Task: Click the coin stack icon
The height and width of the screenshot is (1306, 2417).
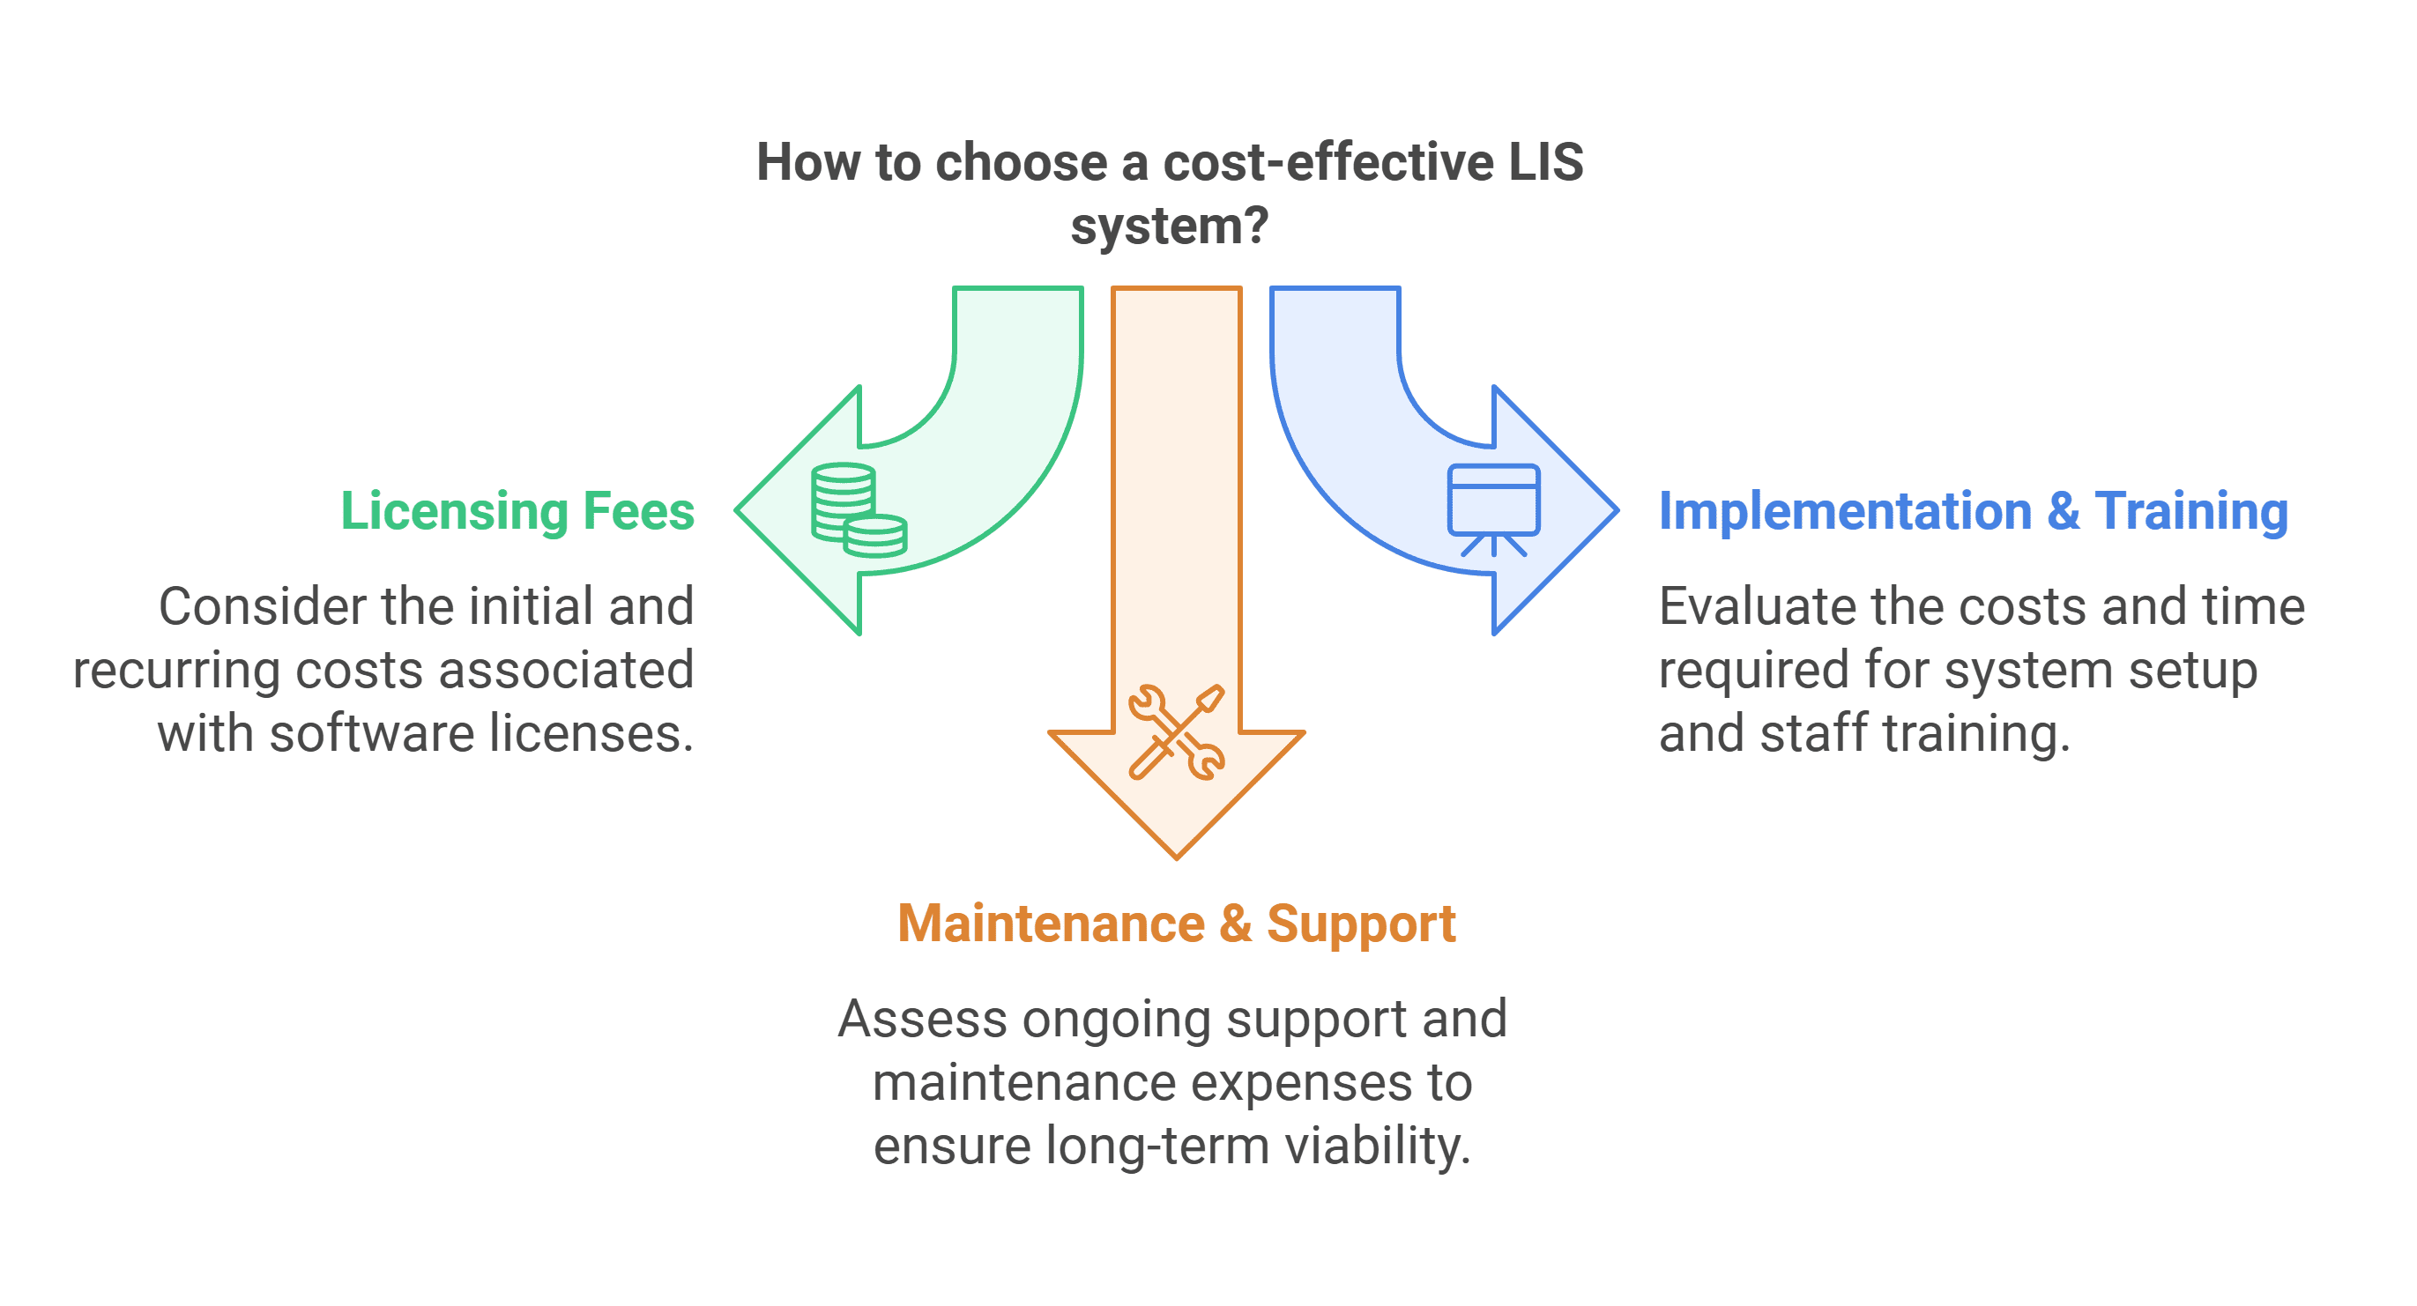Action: (x=859, y=510)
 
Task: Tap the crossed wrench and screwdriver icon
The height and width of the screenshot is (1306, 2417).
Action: (x=1177, y=732)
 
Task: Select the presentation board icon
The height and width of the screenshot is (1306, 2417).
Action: (x=1493, y=509)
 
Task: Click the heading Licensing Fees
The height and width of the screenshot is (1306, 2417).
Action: (x=517, y=511)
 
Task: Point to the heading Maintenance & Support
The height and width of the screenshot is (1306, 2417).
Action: (x=1177, y=924)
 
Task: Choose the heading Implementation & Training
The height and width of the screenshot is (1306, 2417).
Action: (x=1974, y=511)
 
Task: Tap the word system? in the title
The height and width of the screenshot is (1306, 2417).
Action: (x=1169, y=226)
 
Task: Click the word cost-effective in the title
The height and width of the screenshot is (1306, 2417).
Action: (x=1328, y=162)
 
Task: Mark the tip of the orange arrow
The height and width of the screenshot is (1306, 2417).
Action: (x=1177, y=856)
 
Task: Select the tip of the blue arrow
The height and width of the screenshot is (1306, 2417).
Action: (x=1615, y=510)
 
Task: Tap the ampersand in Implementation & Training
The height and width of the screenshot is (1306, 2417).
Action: (x=2064, y=511)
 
